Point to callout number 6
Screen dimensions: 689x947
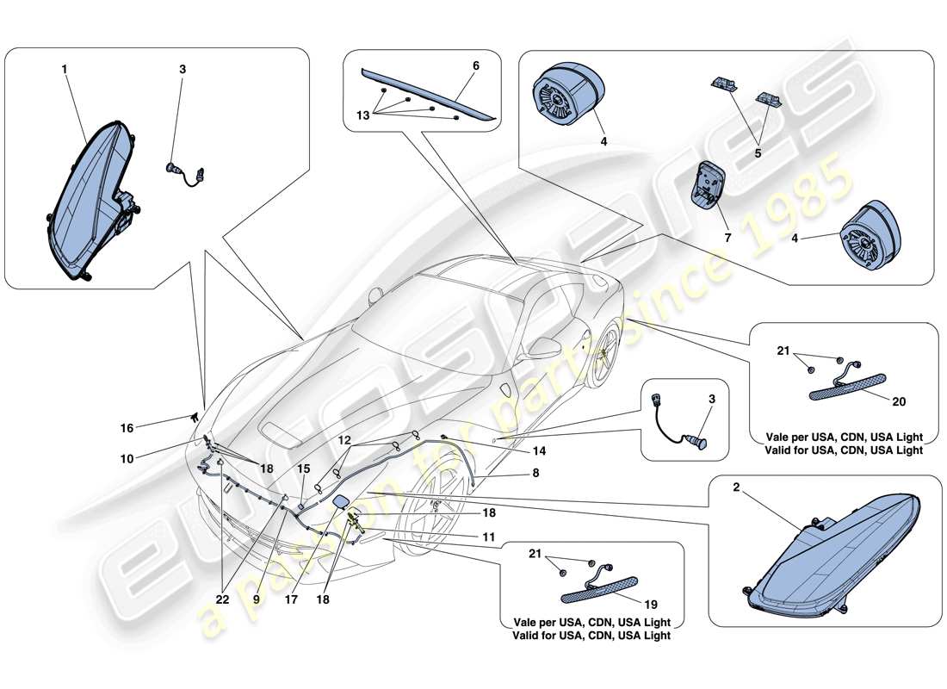pos(476,66)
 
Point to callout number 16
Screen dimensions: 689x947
pos(127,427)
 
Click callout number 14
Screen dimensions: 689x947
pos(538,450)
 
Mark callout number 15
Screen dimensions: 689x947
pos(302,469)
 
